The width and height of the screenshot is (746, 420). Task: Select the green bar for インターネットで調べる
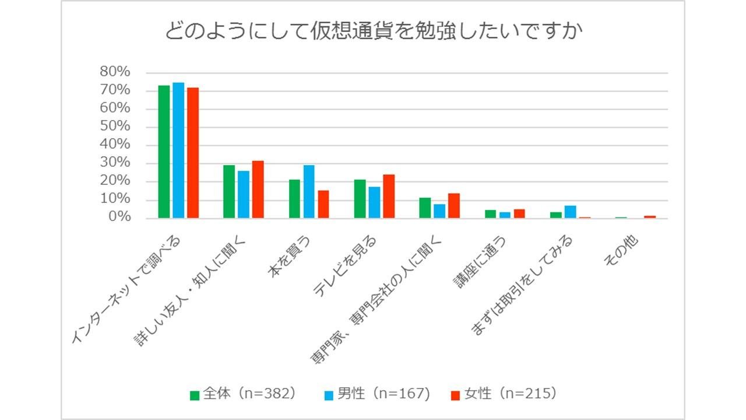coord(164,152)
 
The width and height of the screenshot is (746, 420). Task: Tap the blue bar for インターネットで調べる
coord(178,150)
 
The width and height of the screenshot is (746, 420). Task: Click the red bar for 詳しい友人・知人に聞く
coord(258,190)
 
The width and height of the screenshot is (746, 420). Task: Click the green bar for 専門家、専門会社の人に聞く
coord(425,208)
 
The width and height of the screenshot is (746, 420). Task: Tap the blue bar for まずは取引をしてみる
coord(570,212)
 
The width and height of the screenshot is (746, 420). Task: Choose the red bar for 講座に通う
coord(519,213)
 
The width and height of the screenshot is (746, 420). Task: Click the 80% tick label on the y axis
coord(115,72)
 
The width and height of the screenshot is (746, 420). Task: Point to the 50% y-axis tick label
coord(115,127)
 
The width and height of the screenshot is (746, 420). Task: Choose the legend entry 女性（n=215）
coord(505,394)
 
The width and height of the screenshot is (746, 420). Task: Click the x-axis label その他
coord(622,251)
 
